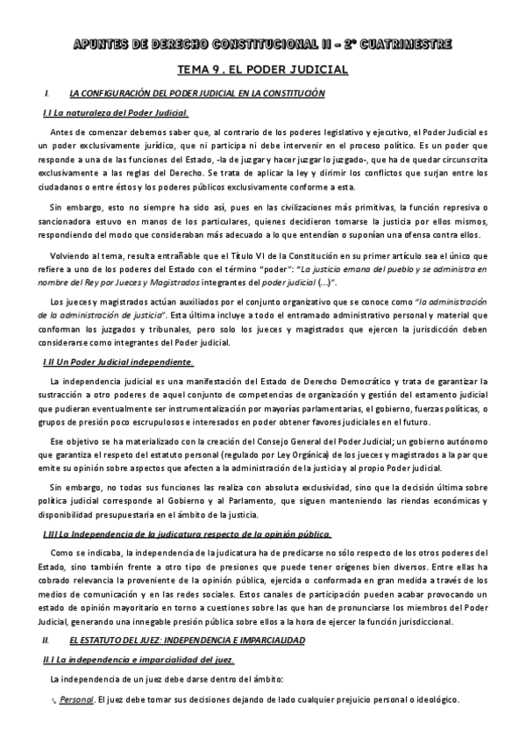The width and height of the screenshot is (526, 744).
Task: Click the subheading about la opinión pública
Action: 186,533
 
